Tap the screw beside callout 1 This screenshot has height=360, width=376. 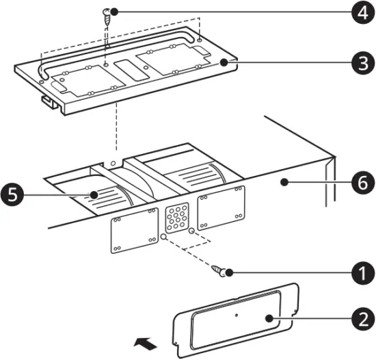click(220, 271)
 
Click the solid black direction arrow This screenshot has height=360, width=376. click(143, 339)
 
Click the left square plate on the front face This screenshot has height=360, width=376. click(135, 229)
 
